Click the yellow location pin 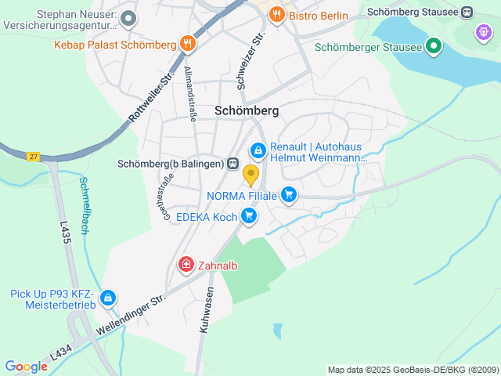click(250, 175)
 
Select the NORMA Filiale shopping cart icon click(289, 194)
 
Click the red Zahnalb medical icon click(186, 265)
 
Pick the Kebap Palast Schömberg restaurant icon click(186, 44)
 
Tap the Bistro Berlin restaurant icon click(276, 15)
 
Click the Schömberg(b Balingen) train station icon click(232, 164)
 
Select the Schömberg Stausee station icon click(467, 13)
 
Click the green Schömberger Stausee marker click(433, 46)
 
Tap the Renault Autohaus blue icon click(258, 150)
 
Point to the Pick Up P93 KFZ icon click(108, 298)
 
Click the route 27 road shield click(32, 157)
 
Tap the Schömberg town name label click(247, 111)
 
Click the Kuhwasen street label click(206, 310)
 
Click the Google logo click(26, 366)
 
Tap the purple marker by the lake click(484, 34)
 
